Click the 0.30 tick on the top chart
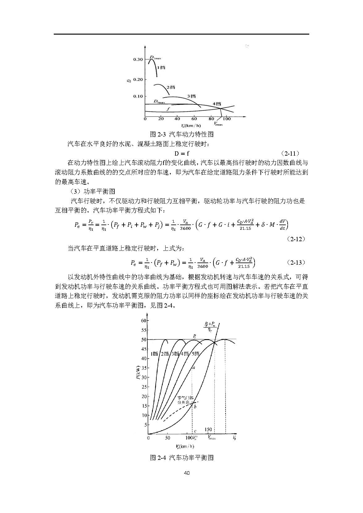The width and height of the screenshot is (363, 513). (x=138, y=59)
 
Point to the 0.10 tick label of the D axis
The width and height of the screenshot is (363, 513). (x=138, y=96)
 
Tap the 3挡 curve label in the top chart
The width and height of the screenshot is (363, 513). (x=192, y=96)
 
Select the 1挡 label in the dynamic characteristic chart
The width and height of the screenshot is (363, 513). (x=161, y=67)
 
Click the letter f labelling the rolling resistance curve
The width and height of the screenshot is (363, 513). (x=168, y=109)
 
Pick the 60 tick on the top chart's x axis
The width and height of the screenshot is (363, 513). (x=194, y=119)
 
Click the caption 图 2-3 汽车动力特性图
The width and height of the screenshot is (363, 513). (x=181, y=134)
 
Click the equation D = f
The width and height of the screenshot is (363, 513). (x=182, y=153)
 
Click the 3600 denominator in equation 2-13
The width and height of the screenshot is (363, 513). (x=203, y=266)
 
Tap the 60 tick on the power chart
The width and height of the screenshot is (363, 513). (x=143, y=321)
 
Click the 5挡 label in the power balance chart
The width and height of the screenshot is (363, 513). (x=196, y=354)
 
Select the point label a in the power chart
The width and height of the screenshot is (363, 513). (x=194, y=368)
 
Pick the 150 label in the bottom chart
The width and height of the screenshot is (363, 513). (x=208, y=430)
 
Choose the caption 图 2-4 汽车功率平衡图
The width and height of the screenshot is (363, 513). (x=182, y=457)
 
